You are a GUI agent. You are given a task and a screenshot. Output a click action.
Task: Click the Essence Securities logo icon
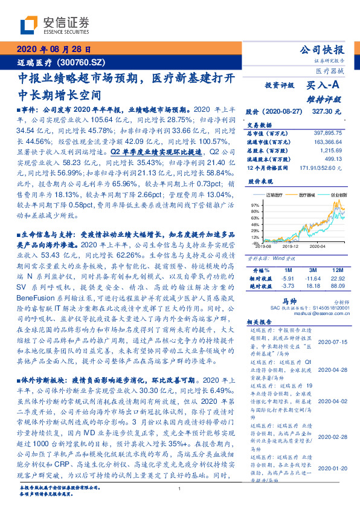click(31, 25)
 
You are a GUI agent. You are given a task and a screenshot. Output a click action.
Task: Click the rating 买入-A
click(323, 86)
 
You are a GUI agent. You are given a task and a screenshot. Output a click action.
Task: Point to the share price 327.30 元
click(327, 112)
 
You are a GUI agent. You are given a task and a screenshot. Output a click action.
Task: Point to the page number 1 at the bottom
click(180, 498)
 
